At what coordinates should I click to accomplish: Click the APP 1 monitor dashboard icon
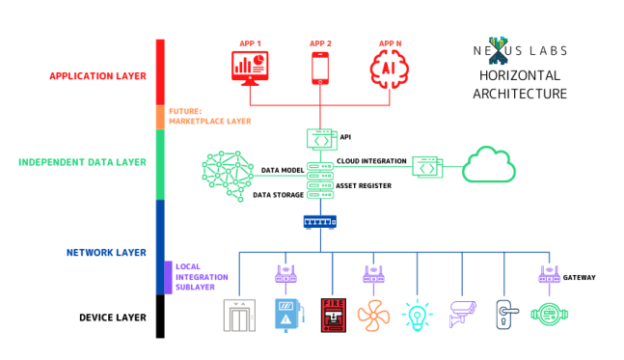click(x=250, y=69)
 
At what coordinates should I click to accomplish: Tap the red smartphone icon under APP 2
click(x=320, y=69)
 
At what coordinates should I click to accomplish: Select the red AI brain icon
click(x=390, y=69)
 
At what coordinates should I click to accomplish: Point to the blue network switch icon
click(x=320, y=222)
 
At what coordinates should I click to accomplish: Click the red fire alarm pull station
click(x=334, y=315)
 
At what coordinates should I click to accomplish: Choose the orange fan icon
click(x=373, y=316)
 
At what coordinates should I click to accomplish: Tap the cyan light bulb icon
click(x=417, y=315)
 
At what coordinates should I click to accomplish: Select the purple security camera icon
click(x=462, y=314)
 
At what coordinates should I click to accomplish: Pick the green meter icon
click(x=549, y=315)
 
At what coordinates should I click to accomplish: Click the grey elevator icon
click(x=239, y=316)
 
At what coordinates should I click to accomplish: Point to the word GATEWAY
click(x=579, y=278)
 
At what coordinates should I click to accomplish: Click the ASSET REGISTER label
click(x=364, y=185)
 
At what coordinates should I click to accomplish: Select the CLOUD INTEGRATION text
click(x=371, y=161)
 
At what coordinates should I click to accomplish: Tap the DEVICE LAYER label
click(x=113, y=318)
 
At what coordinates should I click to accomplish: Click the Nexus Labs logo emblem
click(x=498, y=50)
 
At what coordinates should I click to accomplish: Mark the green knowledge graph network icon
click(x=228, y=176)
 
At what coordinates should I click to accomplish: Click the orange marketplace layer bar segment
click(x=160, y=117)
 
